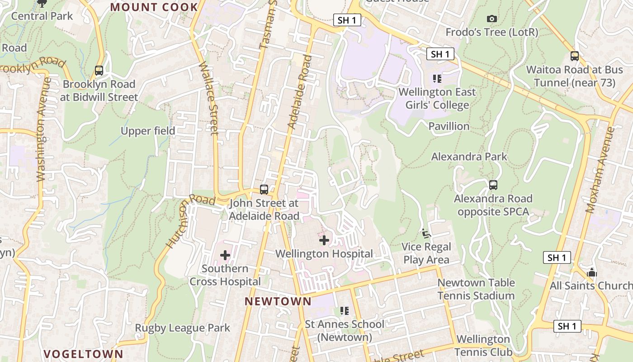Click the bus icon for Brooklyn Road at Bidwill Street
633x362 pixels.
(x=99, y=71)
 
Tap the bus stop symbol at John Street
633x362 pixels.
(x=264, y=190)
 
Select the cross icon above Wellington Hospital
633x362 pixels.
(x=324, y=240)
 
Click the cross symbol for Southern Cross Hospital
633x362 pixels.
(x=225, y=255)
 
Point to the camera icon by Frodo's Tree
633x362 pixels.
(x=492, y=19)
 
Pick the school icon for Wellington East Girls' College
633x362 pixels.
(x=437, y=79)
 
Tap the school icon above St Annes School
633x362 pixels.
(x=345, y=311)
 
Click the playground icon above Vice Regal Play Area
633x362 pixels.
(x=426, y=233)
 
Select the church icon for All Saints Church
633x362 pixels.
(x=591, y=273)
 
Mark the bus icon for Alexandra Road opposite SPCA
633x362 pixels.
(x=493, y=185)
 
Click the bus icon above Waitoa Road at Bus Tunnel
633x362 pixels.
(x=575, y=56)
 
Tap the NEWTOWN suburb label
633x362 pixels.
(x=278, y=301)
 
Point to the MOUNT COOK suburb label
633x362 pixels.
(x=154, y=7)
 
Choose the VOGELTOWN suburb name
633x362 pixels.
(x=83, y=354)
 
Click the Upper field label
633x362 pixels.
(x=148, y=131)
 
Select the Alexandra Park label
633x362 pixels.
(x=469, y=157)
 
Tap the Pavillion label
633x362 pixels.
(x=449, y=126)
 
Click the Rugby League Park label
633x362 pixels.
(x=183, y=328)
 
